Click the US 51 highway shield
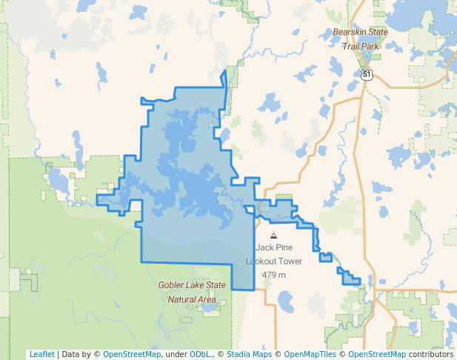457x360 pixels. tap(367, 74)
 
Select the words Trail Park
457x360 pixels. tap(361, 46)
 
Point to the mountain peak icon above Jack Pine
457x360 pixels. tap(273, 236)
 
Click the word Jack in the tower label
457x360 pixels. tap(264, 248)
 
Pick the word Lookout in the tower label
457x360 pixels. tap(264, 261)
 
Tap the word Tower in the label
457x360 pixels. tap(291, 261)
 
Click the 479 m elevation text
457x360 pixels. tap(273, 275)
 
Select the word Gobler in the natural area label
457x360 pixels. tap(173, 285)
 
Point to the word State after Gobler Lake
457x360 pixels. tap(216, 285)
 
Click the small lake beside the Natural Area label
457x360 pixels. tap(210, 304)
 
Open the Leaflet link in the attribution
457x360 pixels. tap(41, 354)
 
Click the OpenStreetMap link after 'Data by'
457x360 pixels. tap(131, 354)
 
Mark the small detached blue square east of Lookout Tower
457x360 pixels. tap(325, 258)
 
